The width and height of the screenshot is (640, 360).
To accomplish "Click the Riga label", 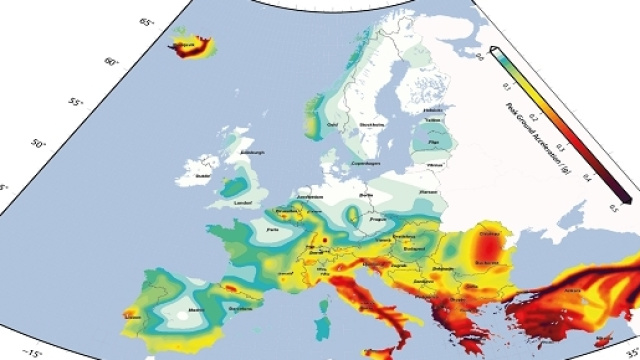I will tap(434, 143).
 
